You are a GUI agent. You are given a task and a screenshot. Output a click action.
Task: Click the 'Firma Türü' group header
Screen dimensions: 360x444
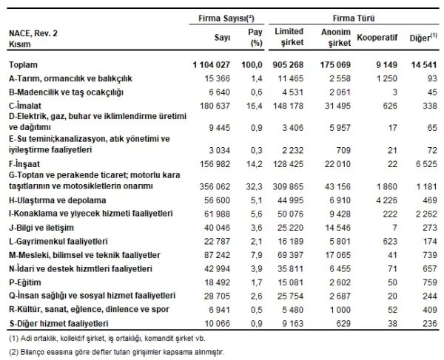tap(349, 16)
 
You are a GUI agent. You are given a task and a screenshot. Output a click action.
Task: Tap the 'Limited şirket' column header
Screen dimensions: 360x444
tap(289, 37)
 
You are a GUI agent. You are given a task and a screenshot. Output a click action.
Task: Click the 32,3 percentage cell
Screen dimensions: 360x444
tap(254, 186)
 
